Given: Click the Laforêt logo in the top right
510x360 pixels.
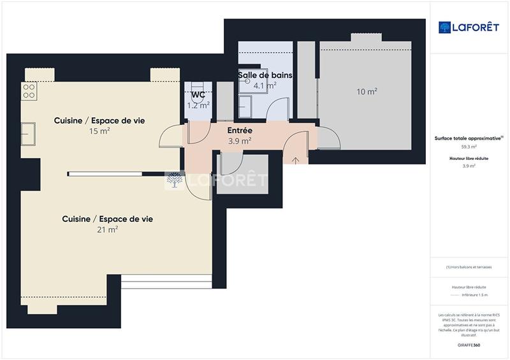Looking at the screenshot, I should pyautogui.click(x=468, y=27).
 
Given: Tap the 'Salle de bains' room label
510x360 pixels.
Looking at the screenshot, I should pyautogui.click(x=265, y=75).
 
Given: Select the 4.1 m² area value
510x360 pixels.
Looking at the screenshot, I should pyautogui.click(x=265, y=85).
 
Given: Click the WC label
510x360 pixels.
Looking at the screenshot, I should pyautogui.click(x=198, y=95).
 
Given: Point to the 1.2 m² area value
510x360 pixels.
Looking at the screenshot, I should pyautogui.click(x=198, y=105).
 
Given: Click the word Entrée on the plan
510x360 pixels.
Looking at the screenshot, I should pyautogui.click(x=240, y=131).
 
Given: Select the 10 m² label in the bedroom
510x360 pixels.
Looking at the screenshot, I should pyautogui.click(x=367, y=92).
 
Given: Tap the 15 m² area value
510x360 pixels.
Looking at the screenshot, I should pyautogui.click(x=99, y=131).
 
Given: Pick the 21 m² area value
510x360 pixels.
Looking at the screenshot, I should pyautogui.click(x=107, y=229).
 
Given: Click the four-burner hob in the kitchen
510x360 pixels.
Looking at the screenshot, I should pyautogui.click(x=29, y=91).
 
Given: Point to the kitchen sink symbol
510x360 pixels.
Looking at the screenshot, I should pyautogui.click(x=29, y=134).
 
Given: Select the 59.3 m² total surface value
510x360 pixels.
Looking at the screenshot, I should pyautogui.click(x=469, y=147).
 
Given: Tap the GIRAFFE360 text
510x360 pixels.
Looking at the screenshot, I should pyautogui.click(x=469, y=344).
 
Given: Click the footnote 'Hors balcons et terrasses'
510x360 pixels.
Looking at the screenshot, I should pyautogui.click(x=469, y=267).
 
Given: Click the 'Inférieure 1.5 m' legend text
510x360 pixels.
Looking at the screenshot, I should pyautogui.click(x=474, y=295).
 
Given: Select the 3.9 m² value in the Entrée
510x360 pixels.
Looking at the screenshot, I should pyautogui.click(x=240, y=141).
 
